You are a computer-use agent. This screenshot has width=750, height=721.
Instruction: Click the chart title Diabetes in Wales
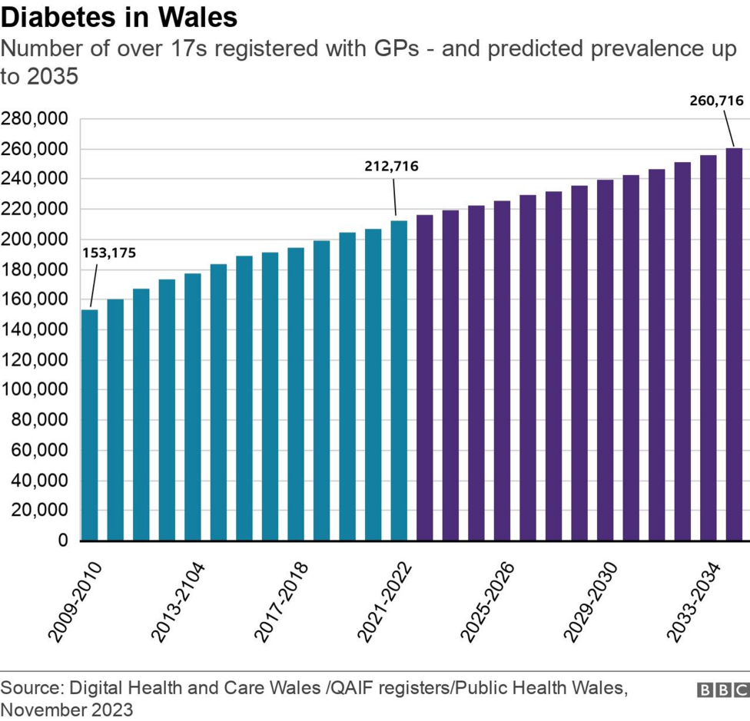coord(119,17)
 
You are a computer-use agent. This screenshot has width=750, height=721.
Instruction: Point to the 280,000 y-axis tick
coord(35,119)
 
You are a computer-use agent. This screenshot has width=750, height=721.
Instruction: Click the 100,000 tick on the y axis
coord(35,390)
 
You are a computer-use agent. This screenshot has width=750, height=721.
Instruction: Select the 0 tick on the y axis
coord(63,541)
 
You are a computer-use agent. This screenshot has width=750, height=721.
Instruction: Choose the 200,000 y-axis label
coord(35,240)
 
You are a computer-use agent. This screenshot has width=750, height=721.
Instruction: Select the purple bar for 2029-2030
coord(606,360)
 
